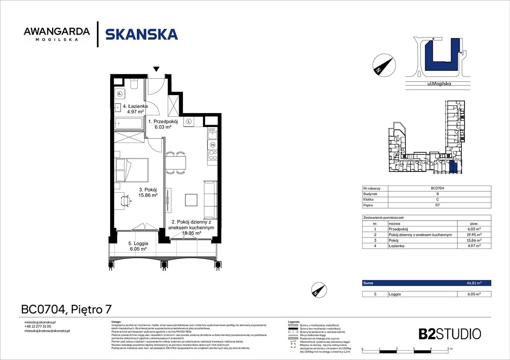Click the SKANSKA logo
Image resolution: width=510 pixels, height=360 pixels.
(141, 34)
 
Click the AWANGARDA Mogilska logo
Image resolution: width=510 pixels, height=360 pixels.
(56, 34)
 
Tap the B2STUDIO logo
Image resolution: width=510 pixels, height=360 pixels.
(449, 334)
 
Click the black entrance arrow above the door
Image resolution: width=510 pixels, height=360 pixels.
(156, 69)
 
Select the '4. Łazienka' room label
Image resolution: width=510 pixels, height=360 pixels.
(136, 109)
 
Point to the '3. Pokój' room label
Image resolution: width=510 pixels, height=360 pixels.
(147, 193)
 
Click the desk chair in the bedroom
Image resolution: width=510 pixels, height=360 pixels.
(125, 200)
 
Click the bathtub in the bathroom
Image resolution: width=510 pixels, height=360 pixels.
(129, 125)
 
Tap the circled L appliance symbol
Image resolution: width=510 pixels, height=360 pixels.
(189, 121)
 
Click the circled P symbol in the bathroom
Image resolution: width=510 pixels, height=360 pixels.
(120, 93)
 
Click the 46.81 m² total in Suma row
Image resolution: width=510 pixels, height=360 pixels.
(474, 283)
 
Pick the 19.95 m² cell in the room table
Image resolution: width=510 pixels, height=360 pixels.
(474, 235)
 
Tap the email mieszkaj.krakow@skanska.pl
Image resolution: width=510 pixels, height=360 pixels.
(47, 330)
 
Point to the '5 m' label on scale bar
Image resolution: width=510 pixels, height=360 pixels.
(449, 350)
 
